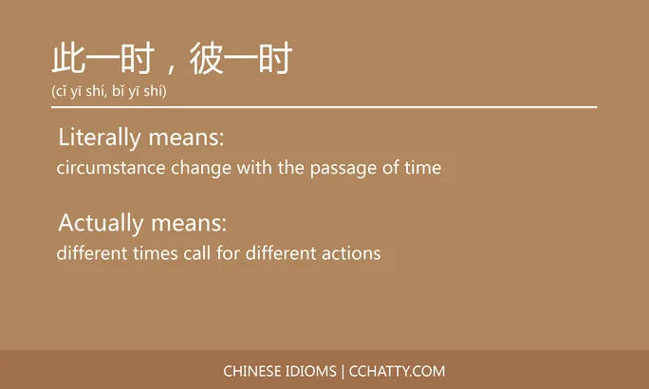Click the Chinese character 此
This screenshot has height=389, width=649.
pyautogui.click(x=68, y=60)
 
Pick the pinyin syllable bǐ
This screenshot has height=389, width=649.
pyautogui.click(x=118, y=92)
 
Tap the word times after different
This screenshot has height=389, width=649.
pyautogui.click(x=156, y=253)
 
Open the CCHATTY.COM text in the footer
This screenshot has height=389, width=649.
pyautogui.click(x=398, y=371)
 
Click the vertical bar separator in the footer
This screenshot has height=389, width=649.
pyautogui.click(x=344, y=371)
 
